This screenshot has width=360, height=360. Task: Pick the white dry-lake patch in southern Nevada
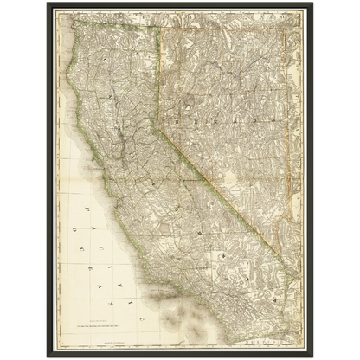[230, 183]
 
